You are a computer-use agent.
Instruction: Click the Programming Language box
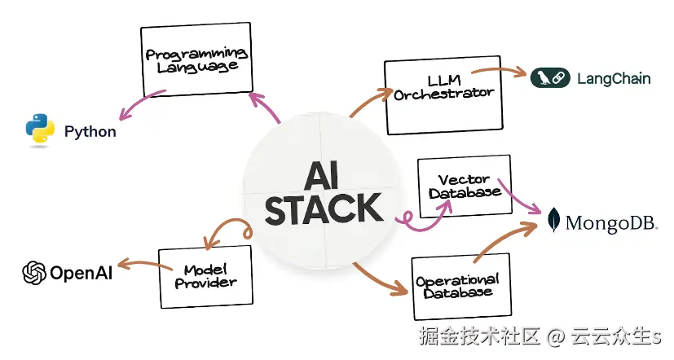(x=196, y=59)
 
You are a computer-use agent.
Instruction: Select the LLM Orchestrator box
(x=444, y=95)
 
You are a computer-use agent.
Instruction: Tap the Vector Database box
(x=465, y=186)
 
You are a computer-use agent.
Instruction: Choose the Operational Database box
(x=461, y=287)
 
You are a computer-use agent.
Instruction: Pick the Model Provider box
(x=205, y=277)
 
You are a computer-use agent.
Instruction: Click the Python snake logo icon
(x=40, y=128)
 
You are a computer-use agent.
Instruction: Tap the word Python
(x=90, y=131)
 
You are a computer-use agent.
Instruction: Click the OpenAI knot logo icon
(x=34, y=273)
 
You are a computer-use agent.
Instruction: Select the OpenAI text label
(x=81, y=273)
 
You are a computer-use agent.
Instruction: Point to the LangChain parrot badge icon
(x=550, y=78)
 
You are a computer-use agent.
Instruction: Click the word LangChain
(x=614, y=79)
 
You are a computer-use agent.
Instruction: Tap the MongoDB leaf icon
(x=554, y=220)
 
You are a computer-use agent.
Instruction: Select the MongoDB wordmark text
(x=611, y=223)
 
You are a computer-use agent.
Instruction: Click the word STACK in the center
(x=324, y=209)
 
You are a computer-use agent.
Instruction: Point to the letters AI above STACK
(x=322, y=175)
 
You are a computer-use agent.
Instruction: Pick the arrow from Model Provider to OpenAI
(x=144, y=263)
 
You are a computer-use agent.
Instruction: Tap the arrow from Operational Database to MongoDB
(x=504, y=239)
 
